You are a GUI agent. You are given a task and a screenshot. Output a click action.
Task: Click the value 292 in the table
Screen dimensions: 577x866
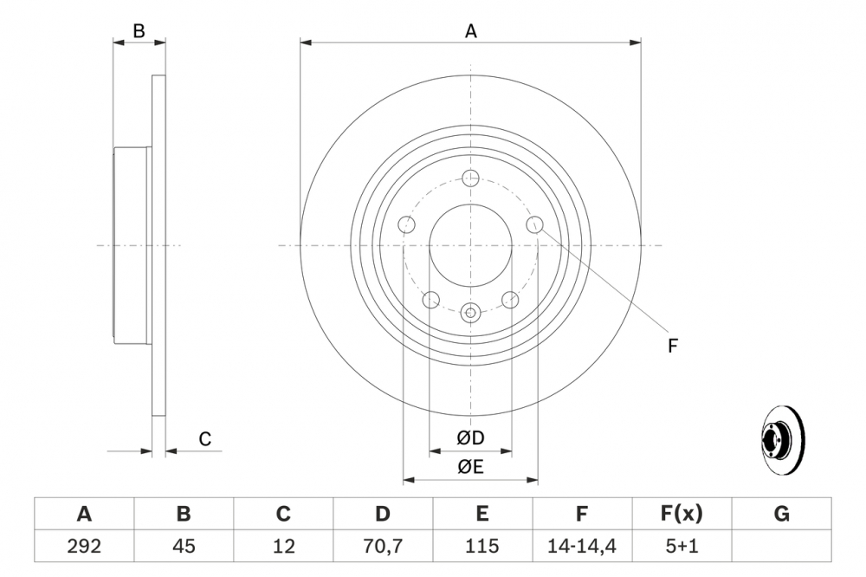84,547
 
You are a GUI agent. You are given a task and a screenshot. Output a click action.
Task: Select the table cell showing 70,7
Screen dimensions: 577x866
382,547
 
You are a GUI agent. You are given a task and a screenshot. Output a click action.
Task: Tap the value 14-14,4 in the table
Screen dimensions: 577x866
582,547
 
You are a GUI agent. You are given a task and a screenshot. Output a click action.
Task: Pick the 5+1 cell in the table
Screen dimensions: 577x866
682,547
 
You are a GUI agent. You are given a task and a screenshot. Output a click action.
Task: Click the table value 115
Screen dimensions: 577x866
481,547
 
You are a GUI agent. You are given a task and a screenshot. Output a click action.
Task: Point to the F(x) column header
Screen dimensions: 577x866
682,515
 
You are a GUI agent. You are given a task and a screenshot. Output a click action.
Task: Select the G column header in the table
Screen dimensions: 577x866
781,515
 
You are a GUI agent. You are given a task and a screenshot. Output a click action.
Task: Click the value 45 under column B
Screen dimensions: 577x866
184,547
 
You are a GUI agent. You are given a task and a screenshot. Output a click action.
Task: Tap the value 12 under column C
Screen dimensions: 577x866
283,547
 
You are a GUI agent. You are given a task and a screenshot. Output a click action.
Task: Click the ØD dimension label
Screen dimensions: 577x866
470,439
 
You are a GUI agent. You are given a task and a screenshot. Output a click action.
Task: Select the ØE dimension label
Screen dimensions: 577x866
470,468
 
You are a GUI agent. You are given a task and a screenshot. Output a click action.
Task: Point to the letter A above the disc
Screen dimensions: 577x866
471,32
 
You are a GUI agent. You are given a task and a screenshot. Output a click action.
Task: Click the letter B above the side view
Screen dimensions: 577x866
139,32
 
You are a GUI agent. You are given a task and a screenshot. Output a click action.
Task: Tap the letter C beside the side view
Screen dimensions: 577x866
205,439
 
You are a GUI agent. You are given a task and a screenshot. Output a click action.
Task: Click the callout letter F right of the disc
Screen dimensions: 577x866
672,346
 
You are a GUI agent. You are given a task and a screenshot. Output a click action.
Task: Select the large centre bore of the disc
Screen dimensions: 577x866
470,245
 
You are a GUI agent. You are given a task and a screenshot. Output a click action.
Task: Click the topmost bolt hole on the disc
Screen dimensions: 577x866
470,178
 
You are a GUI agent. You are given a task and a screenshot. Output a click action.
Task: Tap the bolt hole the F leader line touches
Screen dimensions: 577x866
534,225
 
